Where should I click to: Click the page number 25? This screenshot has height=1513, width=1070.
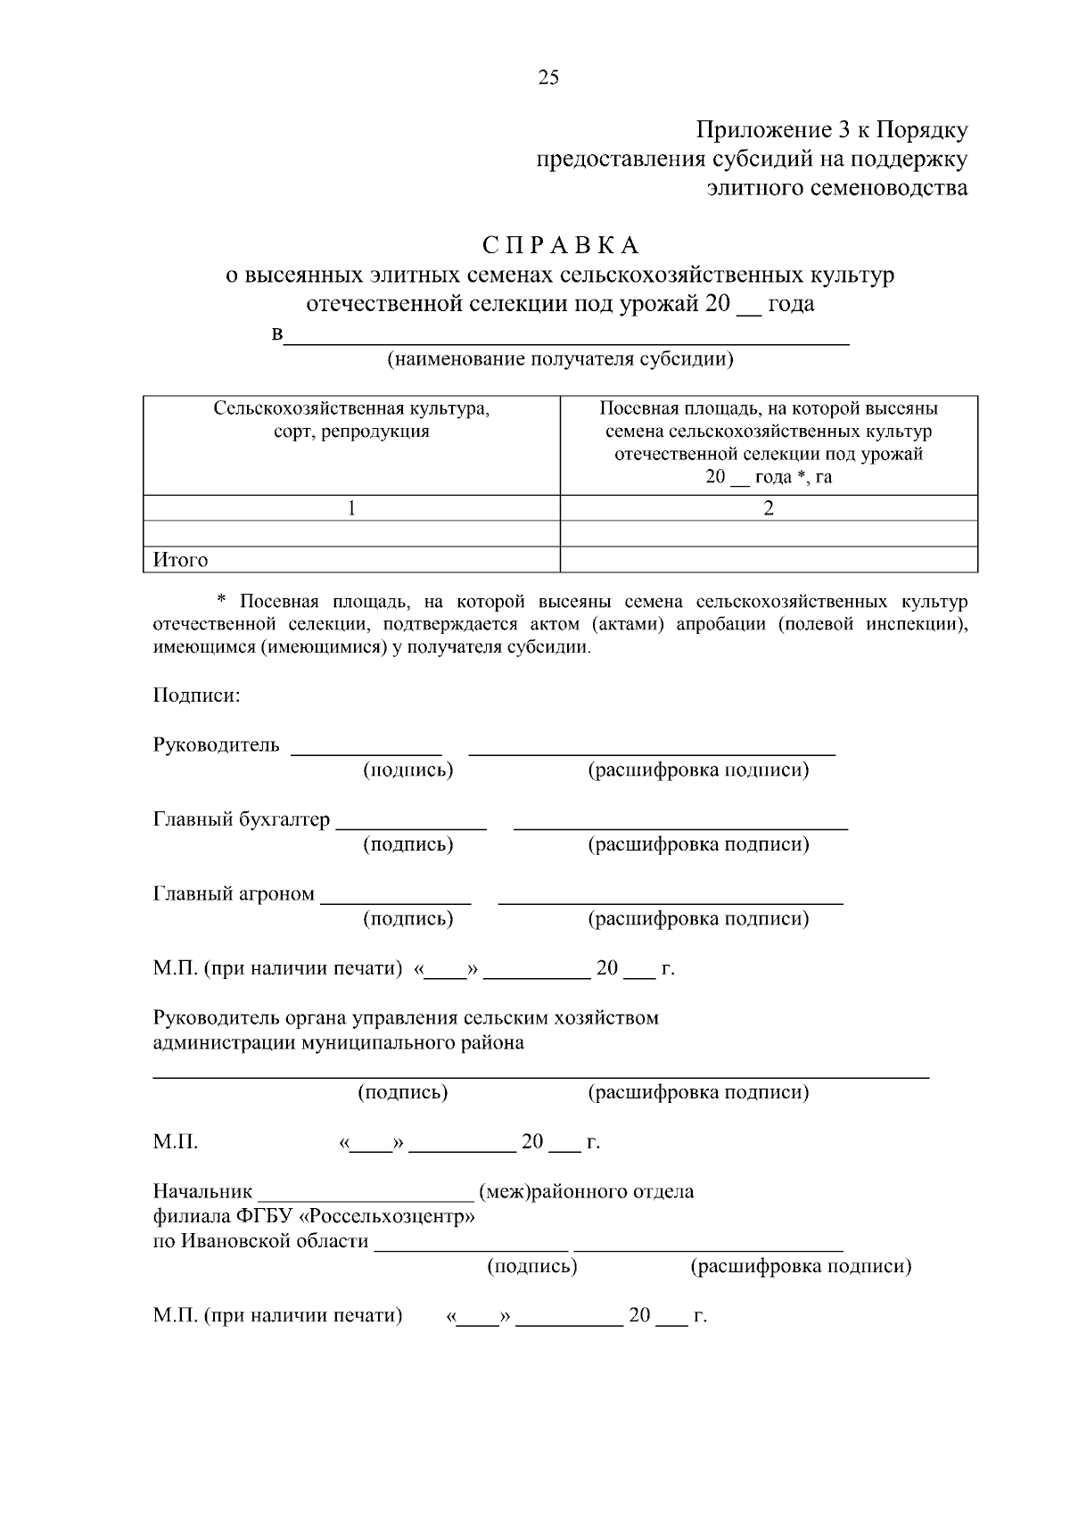(x=548, y=78)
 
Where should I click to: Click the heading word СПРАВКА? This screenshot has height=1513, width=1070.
(x=561, y=245)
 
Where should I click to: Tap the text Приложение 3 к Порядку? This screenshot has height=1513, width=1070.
(x=831, y=130)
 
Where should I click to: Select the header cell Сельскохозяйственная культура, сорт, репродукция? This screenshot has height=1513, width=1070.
(x=351, y=420)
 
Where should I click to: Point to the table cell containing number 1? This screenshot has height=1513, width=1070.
(x=351, y=508)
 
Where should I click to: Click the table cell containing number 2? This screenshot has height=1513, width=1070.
(x=769, y=508)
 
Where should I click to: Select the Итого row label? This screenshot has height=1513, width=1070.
(x=181, y=560)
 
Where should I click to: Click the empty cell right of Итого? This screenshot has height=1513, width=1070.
(x=769, y=560)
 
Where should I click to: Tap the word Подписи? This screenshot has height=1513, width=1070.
(x=196, y=695)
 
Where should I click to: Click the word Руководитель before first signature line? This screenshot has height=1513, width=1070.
(x=217, y=745)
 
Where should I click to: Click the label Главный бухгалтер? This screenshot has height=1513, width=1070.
(x=242, y=819)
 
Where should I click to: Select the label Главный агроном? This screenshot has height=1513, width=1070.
(x=234, y=893)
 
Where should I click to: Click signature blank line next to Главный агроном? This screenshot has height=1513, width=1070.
(x=396, y=900)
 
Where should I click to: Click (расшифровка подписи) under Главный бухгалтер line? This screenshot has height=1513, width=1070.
(x=698, y=844)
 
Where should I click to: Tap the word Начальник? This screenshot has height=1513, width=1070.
(x=203, y=1192)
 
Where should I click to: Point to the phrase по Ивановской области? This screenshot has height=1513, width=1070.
(x=261, y=1241)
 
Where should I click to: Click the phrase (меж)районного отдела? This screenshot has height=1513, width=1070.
(x=587, y=1192)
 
